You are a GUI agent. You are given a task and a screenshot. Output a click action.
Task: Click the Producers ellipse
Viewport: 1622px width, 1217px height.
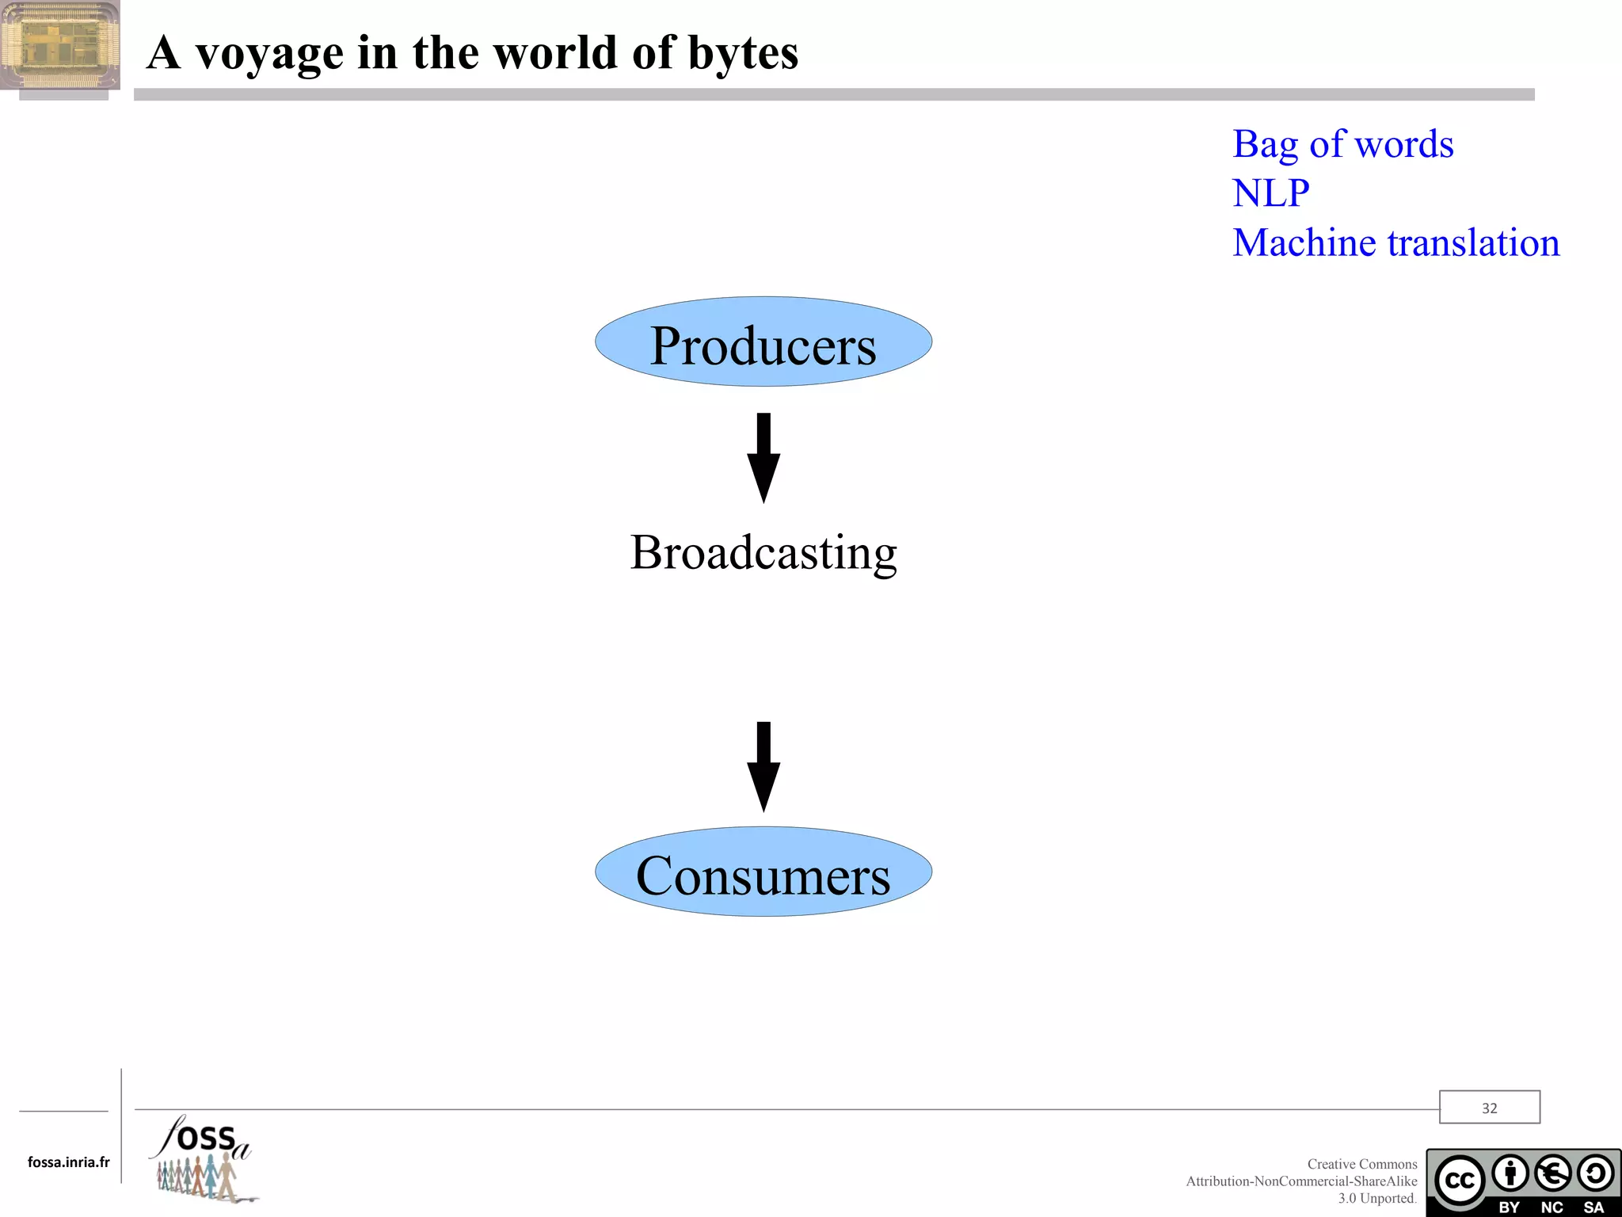(x=763, y=342)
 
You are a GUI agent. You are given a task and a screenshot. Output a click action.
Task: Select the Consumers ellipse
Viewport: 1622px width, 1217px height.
(x=763, y=872)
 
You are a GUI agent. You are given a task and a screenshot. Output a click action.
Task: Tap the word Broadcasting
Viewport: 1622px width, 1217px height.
(x=763, y=552)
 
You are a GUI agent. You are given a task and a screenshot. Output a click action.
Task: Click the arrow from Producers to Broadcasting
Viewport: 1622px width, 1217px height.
(x=763, y=457)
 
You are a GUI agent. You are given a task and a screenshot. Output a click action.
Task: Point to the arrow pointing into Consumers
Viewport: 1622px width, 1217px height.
(x=763, y=766)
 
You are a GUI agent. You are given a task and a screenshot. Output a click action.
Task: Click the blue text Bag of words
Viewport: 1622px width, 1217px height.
(x=1342, y=145)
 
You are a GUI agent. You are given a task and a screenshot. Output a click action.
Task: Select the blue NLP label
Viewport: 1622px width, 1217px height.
(x=1270, y=193)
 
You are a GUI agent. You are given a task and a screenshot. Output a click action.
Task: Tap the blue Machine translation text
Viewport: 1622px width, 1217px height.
(x=1395, y=242)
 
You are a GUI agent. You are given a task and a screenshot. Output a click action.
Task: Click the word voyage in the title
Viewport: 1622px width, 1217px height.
(x=269, y=54)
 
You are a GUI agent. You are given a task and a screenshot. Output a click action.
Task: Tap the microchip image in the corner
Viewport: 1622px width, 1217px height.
(x=60, y=45)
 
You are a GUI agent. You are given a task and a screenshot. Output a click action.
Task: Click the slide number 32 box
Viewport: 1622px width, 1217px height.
(x=1489, y=1108)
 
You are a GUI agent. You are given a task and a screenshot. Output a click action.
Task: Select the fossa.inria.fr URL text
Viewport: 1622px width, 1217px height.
(x=69, y=1162)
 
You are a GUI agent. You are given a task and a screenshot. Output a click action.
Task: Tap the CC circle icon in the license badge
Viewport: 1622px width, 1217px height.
(x=1460, y=1180)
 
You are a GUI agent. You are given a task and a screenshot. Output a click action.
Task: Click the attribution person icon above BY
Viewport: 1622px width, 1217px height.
(x=1510, y=1173)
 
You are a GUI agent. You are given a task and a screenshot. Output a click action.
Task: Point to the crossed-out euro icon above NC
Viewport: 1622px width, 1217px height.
(x=1552, y=1173)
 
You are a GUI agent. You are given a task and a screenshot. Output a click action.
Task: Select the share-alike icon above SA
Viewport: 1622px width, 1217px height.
(x=1594, y=1173)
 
